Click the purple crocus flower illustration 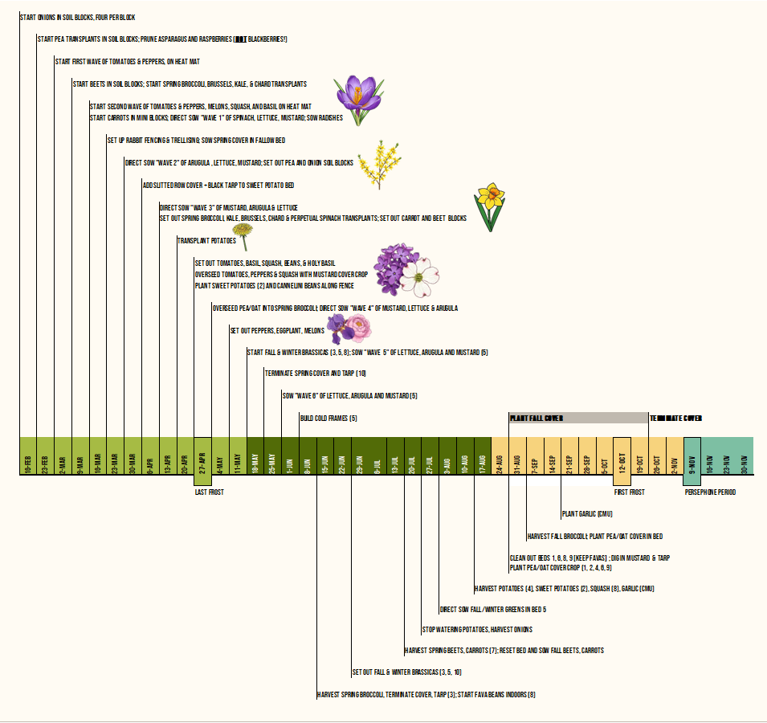354,98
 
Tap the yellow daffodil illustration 488,206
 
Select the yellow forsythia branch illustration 377,164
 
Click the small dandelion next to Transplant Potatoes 243,237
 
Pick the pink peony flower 359,328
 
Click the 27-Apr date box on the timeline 203,457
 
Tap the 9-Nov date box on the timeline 692,457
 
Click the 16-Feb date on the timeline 28,457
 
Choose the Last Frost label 209,492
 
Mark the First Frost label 629,492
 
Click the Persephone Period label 710,492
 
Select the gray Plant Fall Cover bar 578,419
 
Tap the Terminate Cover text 676,419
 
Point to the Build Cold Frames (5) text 328,419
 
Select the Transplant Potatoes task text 206,240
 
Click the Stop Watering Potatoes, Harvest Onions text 477,629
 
